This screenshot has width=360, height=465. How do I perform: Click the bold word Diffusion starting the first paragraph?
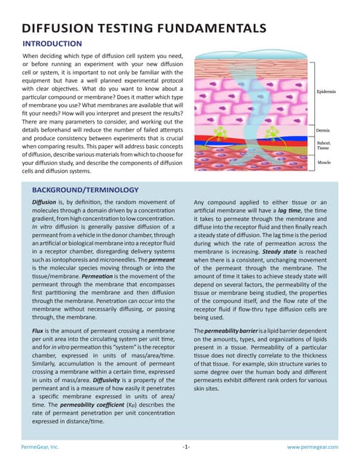[x=47, y=201]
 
